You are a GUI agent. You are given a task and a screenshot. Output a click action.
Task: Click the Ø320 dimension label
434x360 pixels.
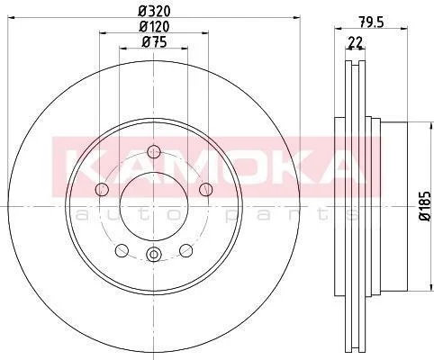click(x=154, y=11)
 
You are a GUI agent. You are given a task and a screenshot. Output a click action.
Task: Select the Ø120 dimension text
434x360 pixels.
click(x=154, y=26)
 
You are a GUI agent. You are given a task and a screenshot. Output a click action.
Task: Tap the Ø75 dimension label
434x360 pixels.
click(x=154, y=42)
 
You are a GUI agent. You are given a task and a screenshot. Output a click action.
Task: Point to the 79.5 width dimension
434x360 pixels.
click(x=371, y=22)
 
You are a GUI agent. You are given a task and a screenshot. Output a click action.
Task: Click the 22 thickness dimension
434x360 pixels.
click(x=356, y=42)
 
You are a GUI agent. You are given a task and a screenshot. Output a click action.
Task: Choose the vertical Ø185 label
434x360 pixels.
click(x=425, y=206)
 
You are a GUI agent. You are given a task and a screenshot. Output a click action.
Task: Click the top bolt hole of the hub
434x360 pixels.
click(x=154, y=151)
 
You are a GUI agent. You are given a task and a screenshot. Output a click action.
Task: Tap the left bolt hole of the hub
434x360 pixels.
click(x=102, y=189)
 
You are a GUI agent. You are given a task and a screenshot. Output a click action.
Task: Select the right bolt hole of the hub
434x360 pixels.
click(x=206, y=189)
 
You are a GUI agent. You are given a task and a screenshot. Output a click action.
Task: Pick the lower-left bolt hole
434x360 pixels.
click(x=122, y=250)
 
